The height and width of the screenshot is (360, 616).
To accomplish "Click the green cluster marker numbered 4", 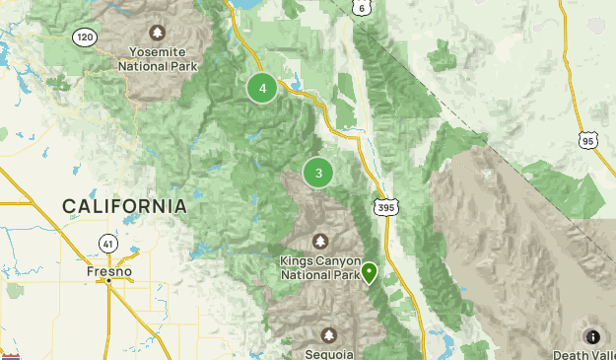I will pyautogui.click(x=262, y=89).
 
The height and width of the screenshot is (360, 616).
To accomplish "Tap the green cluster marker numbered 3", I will pyautogui.click(x=318, y=173).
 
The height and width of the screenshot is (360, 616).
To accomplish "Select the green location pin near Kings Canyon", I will pyautogui.click(x=370, y=272).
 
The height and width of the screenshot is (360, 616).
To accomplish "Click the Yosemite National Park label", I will pyautogui.click(x=158, y=59).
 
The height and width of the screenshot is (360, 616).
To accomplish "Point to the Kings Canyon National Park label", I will pyautogui.click(x=320, y=267).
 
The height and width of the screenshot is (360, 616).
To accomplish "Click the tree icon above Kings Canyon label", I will pyautogui.click(x=320, y=241).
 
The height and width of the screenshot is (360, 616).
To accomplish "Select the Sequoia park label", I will pyautogui.click(x=327, y=353).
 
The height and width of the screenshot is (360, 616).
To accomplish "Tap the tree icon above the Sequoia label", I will pyautogui.click(x=327, y=334).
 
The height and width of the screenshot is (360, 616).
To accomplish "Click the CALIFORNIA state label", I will pyautogui.click(x=124, y=206).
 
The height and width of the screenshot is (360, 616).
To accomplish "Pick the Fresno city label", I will pyautogui.click(x=108, y=269).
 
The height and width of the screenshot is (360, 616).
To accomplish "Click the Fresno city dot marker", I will pyautogui.click(x=108, y=281).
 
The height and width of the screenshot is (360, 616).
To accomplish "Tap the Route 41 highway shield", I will pyautogui.click(x=107, y=242).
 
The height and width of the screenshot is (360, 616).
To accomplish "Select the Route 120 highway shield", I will pyautogui.click(x=85, y=36).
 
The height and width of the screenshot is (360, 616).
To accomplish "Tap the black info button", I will pyautogui.click(x=593, y=336).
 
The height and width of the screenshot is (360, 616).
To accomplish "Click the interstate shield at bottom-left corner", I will pyautogui.click(x=11, y=356).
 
